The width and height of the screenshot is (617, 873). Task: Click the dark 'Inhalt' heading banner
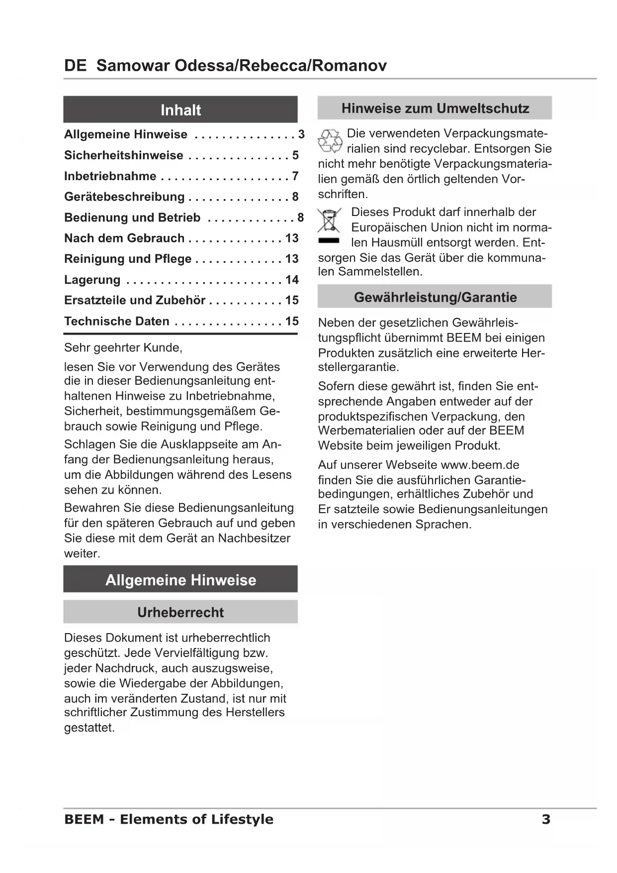pos(180,109)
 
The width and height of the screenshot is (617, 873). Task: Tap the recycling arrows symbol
pos(330,141)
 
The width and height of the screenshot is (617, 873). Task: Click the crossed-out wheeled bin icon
pos(329,221)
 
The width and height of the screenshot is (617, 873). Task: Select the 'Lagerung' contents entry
pos(92,280)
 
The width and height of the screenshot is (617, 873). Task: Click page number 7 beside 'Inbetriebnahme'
pos(295,176)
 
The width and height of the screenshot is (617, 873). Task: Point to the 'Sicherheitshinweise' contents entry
pos(124,155)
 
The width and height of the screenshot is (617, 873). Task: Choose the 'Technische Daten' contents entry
pos(117,321)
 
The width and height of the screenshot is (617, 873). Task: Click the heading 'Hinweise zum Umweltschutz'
pos(435,108)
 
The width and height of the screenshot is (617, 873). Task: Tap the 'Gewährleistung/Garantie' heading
pos(435,297)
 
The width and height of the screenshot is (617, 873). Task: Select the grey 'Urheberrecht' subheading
pos(180,612)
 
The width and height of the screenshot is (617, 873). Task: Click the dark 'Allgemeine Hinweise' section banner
pos(180,580)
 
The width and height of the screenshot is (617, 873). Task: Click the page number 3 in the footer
pos(546,819)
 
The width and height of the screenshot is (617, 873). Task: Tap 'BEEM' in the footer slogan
pos(84,819)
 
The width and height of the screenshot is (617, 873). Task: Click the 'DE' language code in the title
pos(75,66)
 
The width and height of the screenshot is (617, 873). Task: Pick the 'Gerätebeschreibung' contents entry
pos(124,197)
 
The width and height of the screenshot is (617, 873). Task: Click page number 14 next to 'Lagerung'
pos(292,280)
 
